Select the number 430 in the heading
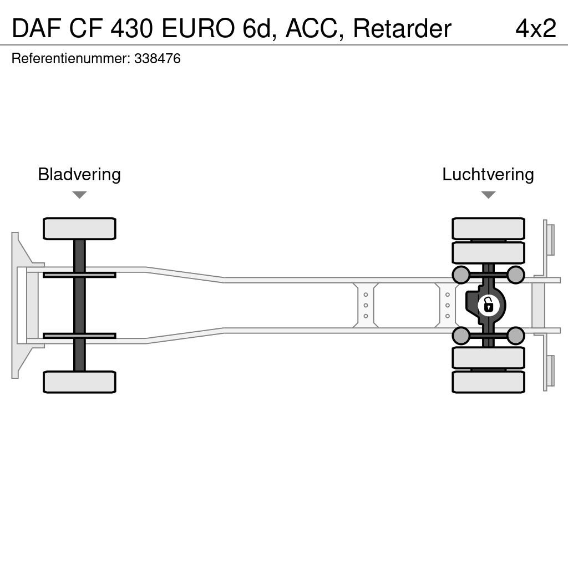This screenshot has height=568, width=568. point(131,28)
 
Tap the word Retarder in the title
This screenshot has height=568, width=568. point(402,28)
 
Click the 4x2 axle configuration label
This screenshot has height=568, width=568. point(536,28)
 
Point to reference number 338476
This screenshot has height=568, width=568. point(157,58)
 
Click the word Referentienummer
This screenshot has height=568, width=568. point(70,58)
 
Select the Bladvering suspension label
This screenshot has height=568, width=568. point(79,175)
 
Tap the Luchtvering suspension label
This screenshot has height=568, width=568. point(488,175)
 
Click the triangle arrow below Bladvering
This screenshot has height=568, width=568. point(79,195)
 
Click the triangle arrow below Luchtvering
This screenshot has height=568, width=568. point(488,195)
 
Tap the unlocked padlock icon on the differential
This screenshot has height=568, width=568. point(488,305)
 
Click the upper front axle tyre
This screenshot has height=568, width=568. point(79,229)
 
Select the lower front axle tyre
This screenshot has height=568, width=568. point(79,382)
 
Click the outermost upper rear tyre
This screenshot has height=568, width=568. point(488,229)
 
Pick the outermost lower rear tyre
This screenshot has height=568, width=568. point(488,382)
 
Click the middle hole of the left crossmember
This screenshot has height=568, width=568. point(366,305)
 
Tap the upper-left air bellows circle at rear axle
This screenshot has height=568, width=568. point(461,275)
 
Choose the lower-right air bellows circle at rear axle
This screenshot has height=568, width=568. point(515,336)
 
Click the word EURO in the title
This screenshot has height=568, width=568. point(198,28)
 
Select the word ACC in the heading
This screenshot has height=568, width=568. point(314,29)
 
